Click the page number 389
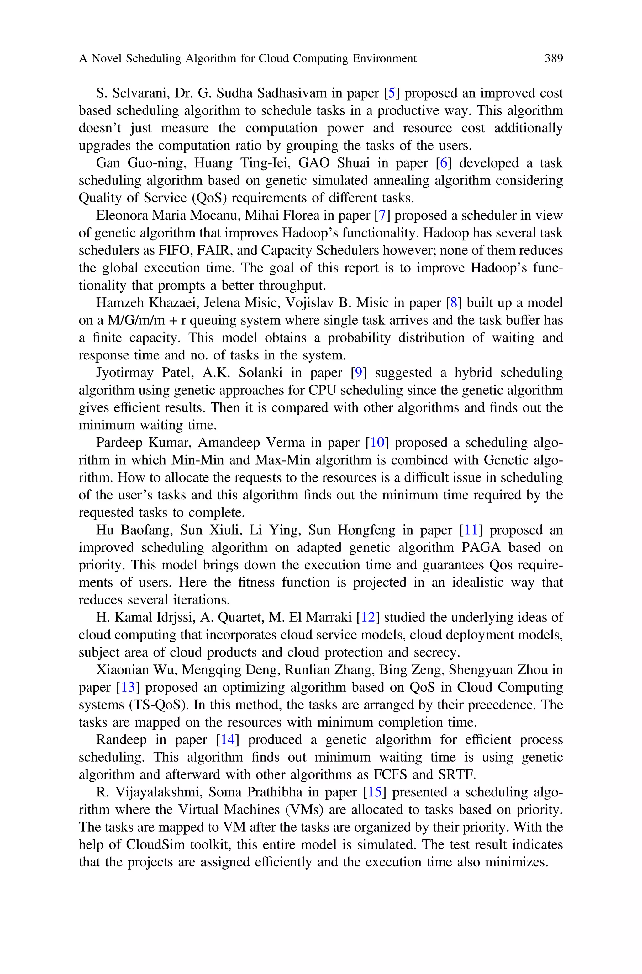coord(554,59)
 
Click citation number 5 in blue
coord(392,93)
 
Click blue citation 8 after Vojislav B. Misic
coord(454,303)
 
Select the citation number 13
coord(128,687)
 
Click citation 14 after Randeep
coord(227,740)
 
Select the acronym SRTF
coord(457,775)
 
